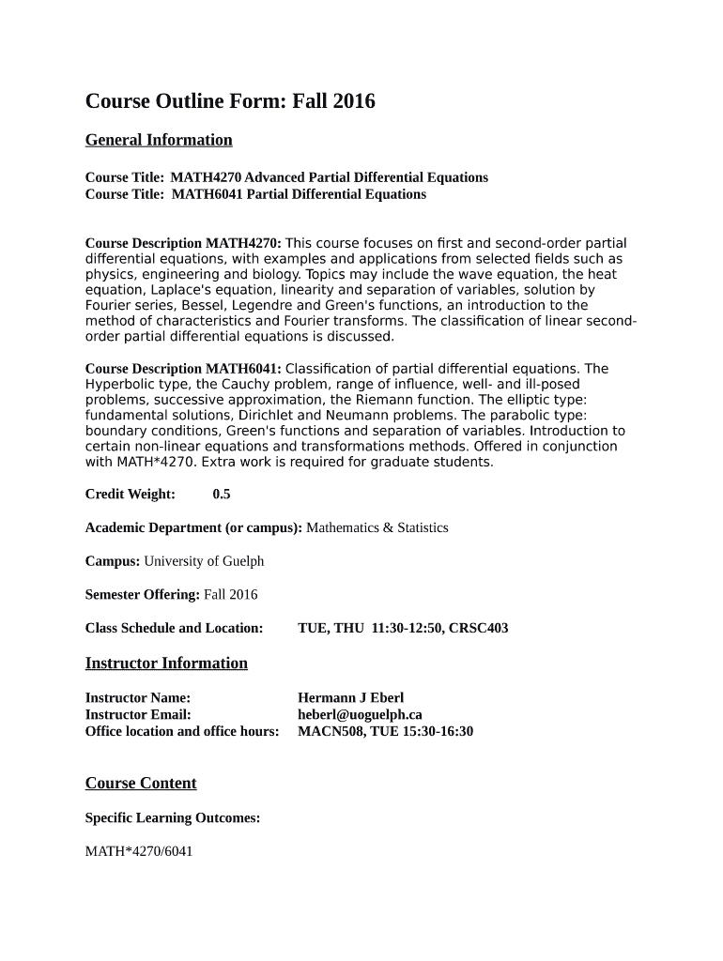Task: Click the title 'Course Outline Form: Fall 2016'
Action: pyautogui.click(x=230, y=101)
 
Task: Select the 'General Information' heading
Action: pyautogui.click(x=159, y=141)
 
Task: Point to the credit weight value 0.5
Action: pyautogui.click(x=222, y=494)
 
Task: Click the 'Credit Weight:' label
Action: pyautogui.click(x=131, y=494)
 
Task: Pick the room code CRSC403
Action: pyautogui.click(x=479, y=628)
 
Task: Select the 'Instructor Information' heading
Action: pyautogui.click(x=166, y=664)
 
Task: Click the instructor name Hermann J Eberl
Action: pyautogui.click(x=350, y=698)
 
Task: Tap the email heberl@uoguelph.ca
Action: pyautogui.click(x=360, y=714)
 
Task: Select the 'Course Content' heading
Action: pyautogui.click(x=141, y=784)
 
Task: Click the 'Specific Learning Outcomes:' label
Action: pyautogui.click(x=173, y=818)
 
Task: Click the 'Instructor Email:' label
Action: pyautogui.click(x=138, y=714)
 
